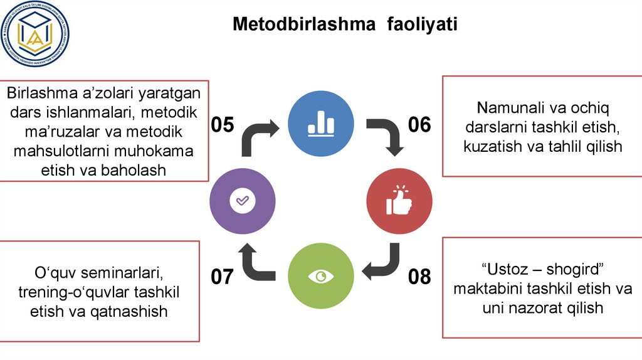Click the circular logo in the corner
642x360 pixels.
click(35, 34)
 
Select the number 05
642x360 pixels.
click(222, 125)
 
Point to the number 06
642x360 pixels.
click(419, 125)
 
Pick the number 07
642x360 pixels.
click(222, 277)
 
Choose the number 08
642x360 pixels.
click(419, 277)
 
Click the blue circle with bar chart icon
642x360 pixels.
click(320, 124)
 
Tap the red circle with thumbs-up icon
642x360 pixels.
click(399, 200)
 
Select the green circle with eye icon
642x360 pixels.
click(320, 276)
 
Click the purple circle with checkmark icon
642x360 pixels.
click(241, 200)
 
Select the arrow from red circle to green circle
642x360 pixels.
click(384, 263)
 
